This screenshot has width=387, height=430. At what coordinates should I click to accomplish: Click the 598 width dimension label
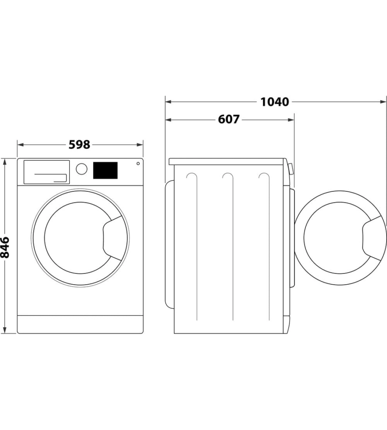click(80, 144)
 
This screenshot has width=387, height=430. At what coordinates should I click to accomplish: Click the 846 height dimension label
click(5, 247)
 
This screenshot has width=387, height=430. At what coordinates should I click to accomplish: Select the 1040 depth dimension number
click(274, 102)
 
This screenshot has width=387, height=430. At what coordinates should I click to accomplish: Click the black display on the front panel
click(105, 170)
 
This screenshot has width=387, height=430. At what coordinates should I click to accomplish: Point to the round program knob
click(81, 169)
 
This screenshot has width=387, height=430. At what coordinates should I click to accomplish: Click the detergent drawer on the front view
click(46, 172)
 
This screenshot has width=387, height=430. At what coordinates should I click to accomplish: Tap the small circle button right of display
click(138, 163)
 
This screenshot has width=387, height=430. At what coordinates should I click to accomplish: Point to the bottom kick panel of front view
click(80, 324)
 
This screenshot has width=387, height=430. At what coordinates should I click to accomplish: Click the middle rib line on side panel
click(233, 249)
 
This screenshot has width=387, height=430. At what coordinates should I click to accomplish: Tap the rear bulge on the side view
click(169, 245)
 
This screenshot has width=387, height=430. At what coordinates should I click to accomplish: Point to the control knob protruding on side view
click(291, 169)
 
